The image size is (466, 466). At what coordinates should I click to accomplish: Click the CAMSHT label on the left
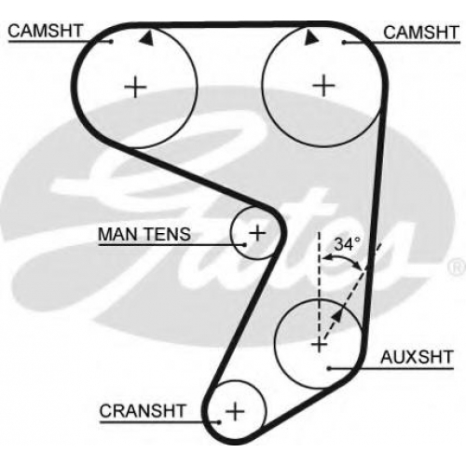coord(45,31)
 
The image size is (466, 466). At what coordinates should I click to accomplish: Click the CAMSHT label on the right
coord(421,33)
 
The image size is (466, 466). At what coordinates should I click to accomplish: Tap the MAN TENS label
coord(144,234)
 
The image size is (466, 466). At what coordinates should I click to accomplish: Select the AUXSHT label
coord(417,357)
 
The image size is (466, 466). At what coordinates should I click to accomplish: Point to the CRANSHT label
coord(143,411)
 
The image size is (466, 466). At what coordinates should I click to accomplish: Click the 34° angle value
coord(348,244)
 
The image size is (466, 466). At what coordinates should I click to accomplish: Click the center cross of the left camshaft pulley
coord(135,87)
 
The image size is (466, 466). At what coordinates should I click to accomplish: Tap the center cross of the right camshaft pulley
coord(323,85)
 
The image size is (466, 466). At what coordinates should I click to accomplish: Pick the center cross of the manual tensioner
coord(257,233)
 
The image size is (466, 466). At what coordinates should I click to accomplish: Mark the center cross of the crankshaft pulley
coord(235,412)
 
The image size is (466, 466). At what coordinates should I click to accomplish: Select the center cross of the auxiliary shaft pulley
coord(319,344)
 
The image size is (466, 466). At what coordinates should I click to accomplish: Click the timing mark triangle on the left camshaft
coord(146,38)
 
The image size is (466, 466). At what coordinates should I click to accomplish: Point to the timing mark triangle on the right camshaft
coord(311,37)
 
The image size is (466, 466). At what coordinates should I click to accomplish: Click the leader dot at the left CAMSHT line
coord(112,41)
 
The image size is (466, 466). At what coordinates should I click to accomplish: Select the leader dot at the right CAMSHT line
coord(344,42)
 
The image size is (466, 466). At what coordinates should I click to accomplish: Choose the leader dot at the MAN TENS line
coord(245,245)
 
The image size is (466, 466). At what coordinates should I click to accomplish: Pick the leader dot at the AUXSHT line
coord(329,368)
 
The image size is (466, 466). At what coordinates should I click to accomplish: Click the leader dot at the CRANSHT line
coord(219,422)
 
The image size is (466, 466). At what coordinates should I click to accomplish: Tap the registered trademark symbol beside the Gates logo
coord(458,267)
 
